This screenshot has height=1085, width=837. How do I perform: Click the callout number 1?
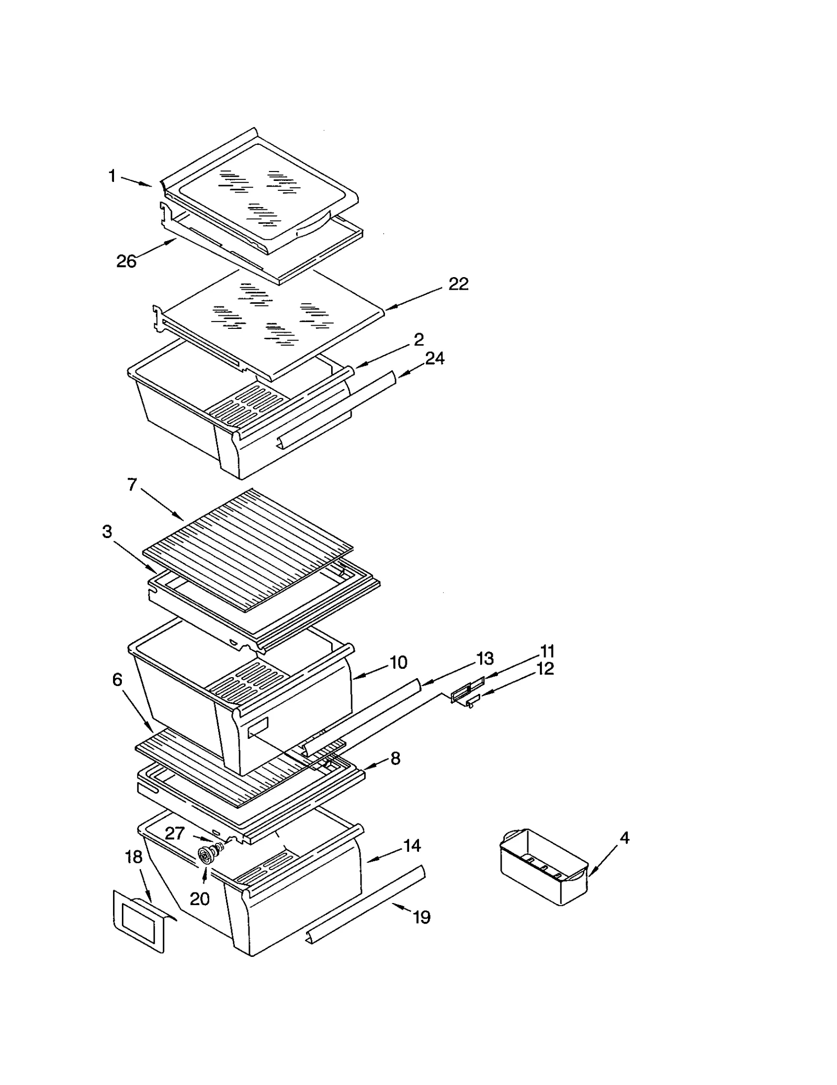112,176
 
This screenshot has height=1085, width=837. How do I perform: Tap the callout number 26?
126,261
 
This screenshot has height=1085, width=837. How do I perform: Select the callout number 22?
458,284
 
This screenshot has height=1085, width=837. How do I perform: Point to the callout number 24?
434,358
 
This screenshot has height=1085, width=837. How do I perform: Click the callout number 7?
132,485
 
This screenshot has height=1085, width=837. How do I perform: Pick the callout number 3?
107,532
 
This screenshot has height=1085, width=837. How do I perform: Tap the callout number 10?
399,663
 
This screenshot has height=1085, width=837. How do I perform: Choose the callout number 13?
485,658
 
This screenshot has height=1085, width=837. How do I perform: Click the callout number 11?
547,651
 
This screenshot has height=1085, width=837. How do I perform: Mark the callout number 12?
545,668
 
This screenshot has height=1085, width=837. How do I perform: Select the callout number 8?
395,758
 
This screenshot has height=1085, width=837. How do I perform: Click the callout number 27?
175,832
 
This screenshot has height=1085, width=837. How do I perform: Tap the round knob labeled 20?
206,855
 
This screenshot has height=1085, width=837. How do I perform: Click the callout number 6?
117,679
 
